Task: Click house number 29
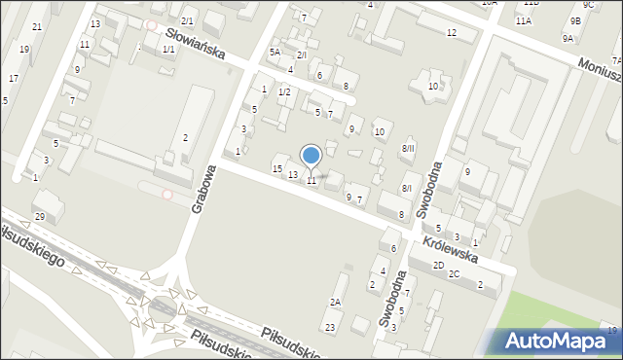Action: click(40, 216)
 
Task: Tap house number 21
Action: click(37, 26)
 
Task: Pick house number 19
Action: click(24, 49)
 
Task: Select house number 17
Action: click(14, 78)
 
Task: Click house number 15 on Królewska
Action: click(277, 169)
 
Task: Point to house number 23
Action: click(330, 327)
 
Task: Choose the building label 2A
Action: click(335, 303)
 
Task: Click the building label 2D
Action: click(438, 265)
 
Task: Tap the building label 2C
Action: click(454, 274)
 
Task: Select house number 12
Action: click(451, 33)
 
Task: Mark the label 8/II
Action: click(408, 148)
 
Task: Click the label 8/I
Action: click(407, 188)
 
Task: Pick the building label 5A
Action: click(275, 53)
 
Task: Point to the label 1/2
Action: click(284, 91)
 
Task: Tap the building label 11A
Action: click(524, 20)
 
